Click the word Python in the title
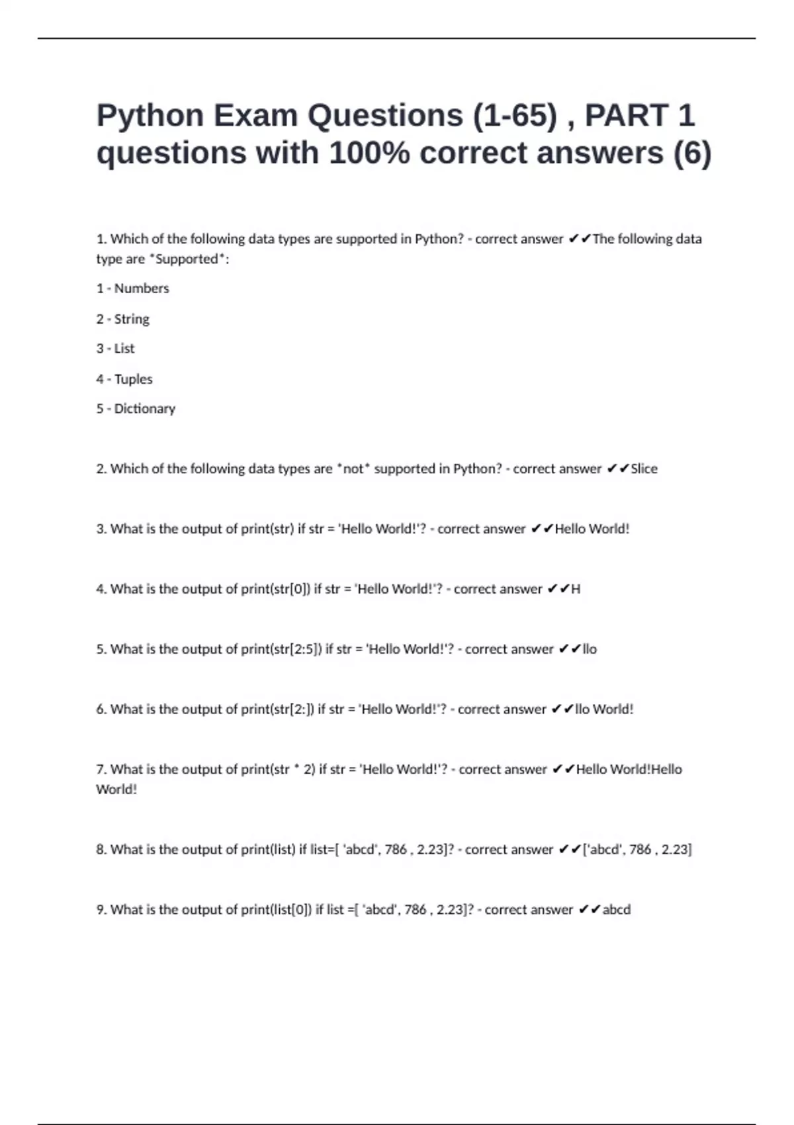(150, 116)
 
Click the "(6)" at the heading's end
(692, 154)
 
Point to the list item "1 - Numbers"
(132, 289)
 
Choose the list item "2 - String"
(122, 319)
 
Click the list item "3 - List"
(115, 349)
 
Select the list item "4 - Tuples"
(124, 379)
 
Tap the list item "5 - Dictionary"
(136, 409)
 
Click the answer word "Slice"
(644, 469)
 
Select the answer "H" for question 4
(576, 589)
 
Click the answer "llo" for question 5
(590, 649)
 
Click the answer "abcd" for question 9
(616, 910)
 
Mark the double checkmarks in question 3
(542, 529)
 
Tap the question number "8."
(101, 850)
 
